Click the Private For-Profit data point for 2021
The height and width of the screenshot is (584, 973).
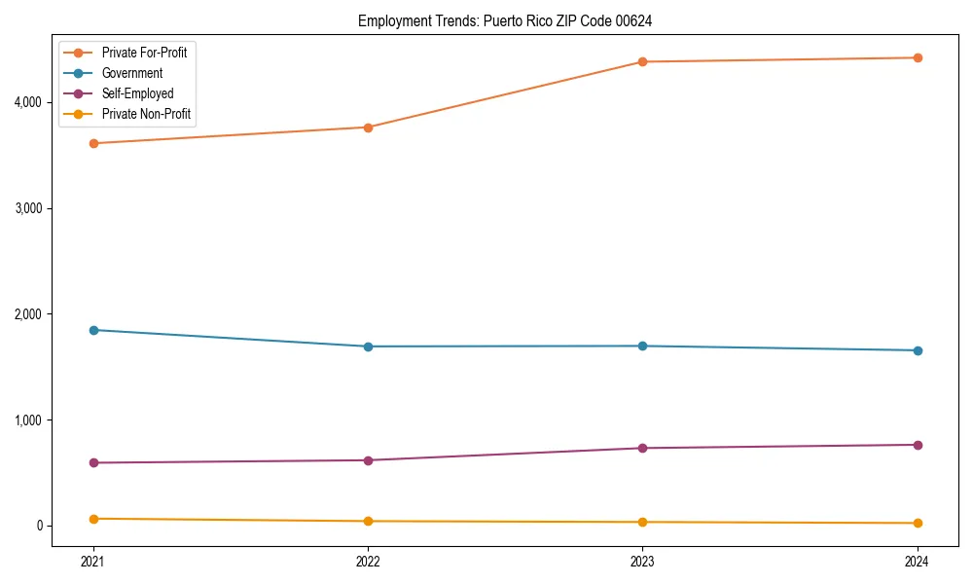pos(93,143)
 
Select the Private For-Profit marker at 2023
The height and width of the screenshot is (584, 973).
pos(642,62)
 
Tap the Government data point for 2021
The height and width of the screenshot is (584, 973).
pos(93,330)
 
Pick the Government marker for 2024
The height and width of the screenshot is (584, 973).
pos(918,350)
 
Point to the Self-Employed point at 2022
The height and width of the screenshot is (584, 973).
pos(368,460)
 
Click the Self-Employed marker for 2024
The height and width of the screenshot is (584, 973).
pos(918,445)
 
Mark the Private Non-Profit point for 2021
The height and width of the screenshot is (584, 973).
pos(93,519)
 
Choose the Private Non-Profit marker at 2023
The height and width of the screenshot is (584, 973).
pos(642,522)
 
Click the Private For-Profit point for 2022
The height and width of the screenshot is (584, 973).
pos(368,128)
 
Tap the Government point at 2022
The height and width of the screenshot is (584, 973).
pos(368,347)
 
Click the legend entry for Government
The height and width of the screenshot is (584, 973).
pos(131,73)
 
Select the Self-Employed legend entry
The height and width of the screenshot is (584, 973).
pos(137,93)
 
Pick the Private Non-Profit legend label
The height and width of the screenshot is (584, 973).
pos(146,114)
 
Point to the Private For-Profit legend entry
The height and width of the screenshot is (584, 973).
pos(144,53)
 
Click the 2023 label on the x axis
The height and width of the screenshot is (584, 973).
pos(642,562)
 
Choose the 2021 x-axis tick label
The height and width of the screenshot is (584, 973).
pos(93,562)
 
